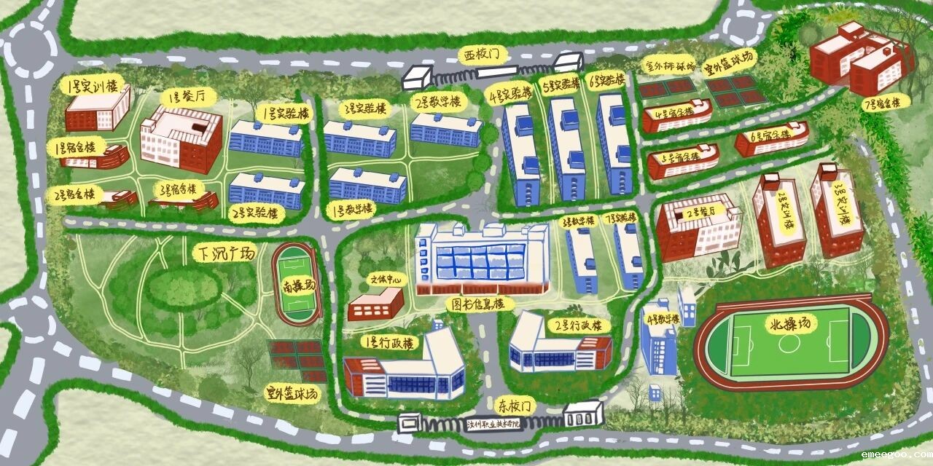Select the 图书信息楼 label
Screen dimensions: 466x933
(478, 304)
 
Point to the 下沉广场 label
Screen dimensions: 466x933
(225, 254)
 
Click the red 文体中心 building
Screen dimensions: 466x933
(375, 306)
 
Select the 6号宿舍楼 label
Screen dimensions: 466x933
(772, 136)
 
